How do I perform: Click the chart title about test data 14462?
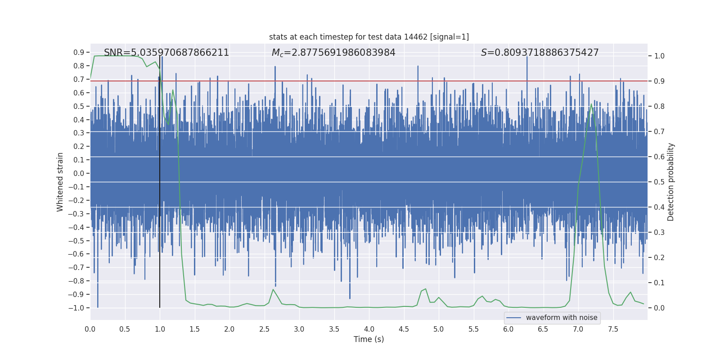tap(369, 37)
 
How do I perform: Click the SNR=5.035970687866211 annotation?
tap(166, 53)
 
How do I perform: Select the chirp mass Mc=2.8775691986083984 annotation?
tap(333, 53)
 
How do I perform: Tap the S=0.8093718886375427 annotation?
tap(540, 53)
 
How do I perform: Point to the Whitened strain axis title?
tap(60, 182)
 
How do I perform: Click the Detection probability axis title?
tap(671, 182)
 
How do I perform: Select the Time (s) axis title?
tap(369, 339)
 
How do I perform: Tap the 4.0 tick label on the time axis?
tap(369, 329)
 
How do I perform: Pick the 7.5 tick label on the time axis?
tap(613, 329)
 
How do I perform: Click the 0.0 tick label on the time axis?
tap(90, 329)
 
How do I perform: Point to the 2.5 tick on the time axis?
tap(264, 329)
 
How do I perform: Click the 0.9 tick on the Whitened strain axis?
tap(79, 53)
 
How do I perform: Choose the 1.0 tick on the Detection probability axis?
tap(659, 56)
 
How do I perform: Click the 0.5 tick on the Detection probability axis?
tap(659, 182)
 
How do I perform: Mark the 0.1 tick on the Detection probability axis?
tap(659, 283)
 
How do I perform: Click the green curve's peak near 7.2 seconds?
tap(591, 104)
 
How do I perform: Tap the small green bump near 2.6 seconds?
tap(273, 289)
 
